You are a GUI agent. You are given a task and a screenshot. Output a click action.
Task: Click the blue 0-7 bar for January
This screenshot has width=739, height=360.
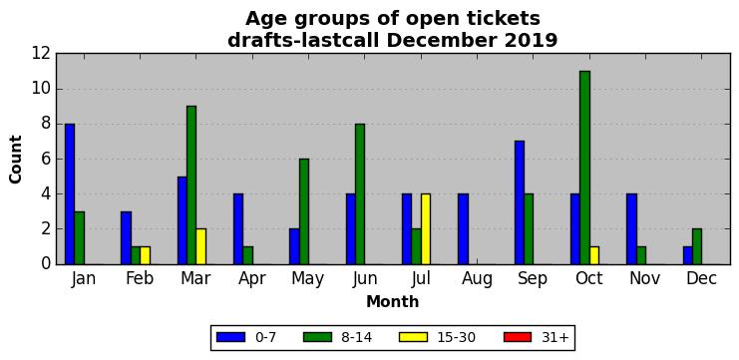70,194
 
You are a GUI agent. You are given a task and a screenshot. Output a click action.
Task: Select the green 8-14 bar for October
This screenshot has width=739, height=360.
584,168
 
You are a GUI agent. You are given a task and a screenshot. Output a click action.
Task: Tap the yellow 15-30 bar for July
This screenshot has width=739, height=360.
426,229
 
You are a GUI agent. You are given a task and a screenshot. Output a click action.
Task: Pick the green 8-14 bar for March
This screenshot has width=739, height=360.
191,185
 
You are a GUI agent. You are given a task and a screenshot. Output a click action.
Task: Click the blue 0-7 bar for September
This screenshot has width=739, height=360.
520,202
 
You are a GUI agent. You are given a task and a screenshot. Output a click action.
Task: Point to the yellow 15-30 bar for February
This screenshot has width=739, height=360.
145,255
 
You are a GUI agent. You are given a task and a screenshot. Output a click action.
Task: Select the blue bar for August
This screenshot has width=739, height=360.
463,229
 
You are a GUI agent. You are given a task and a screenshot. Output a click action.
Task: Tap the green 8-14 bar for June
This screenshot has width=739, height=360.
360,194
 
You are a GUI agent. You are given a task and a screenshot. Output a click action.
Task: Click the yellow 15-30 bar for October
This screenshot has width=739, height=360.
594,255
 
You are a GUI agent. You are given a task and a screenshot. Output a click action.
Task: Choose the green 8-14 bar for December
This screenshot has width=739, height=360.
697,246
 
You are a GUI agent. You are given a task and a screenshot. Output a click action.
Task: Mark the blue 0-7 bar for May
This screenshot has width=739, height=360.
294,246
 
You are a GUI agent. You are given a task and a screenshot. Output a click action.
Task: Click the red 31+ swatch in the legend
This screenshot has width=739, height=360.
518,337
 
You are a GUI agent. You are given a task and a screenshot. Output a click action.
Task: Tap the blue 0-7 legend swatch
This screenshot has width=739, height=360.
230,337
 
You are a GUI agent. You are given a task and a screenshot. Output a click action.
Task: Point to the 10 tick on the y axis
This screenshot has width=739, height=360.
57,89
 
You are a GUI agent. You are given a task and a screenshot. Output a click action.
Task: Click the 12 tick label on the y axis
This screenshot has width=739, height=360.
41,54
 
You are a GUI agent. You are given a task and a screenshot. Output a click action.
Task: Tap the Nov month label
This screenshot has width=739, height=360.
644,279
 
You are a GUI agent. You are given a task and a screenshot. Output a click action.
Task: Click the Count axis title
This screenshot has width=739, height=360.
16,160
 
